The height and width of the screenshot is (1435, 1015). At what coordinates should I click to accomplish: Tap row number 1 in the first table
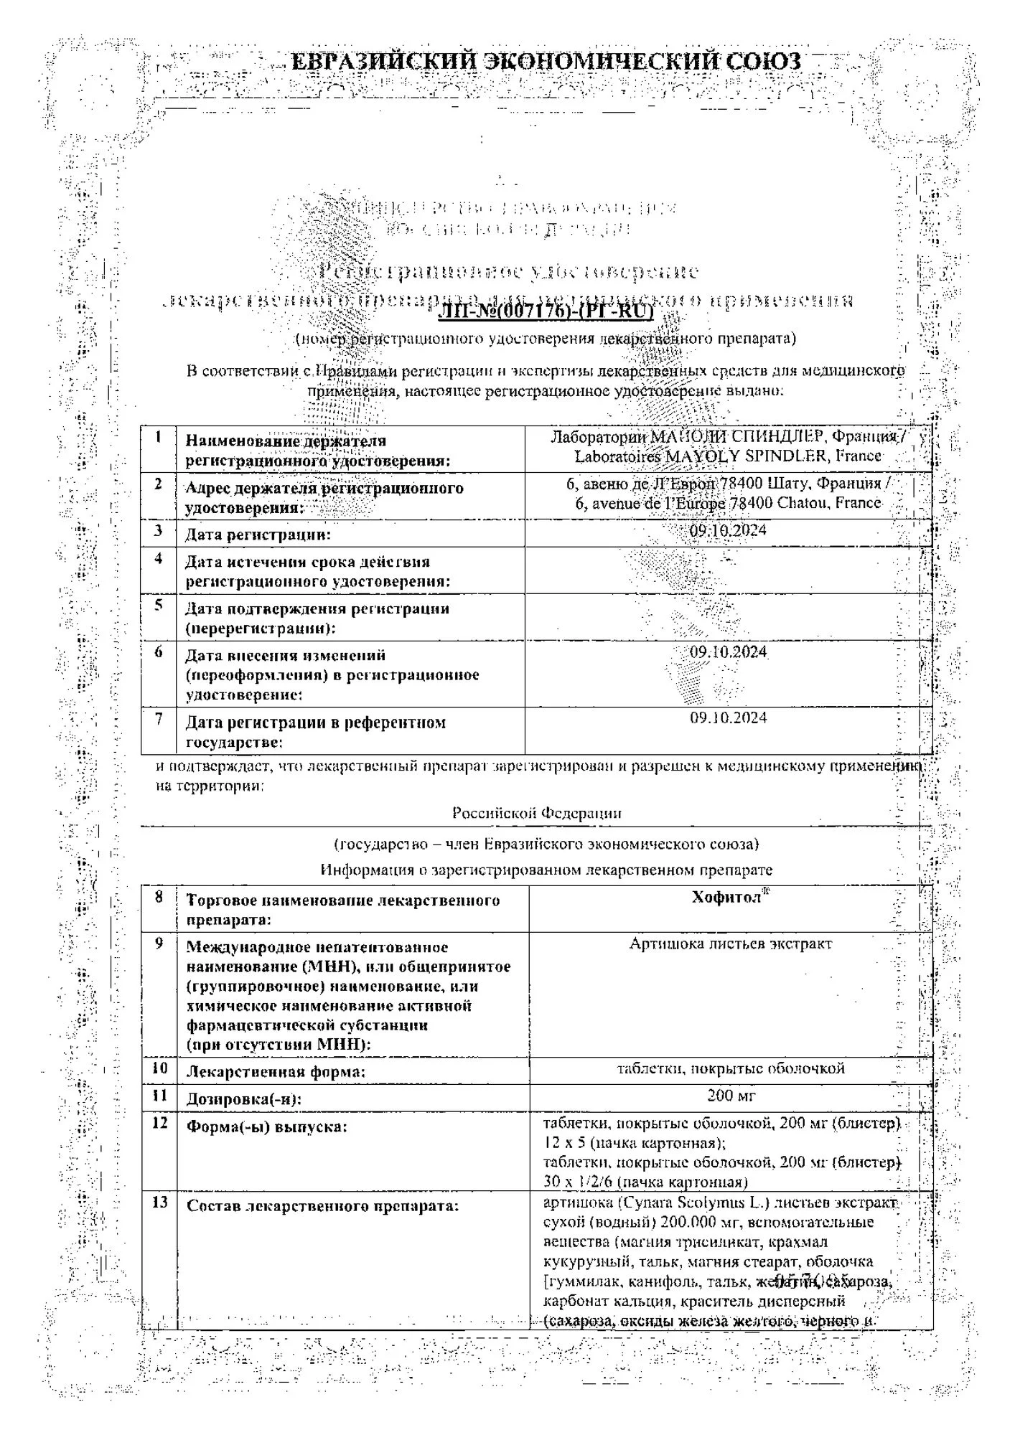(159, 437)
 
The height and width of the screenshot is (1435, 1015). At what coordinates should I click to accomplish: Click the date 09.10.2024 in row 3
(728, 530)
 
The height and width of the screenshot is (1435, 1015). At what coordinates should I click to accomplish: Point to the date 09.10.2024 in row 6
(728, 652)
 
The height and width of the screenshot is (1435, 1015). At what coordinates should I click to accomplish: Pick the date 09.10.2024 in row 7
(728, 717)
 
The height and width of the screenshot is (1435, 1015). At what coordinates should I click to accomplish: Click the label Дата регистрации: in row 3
(258, 535)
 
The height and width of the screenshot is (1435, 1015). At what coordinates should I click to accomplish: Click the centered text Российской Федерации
(537, 813)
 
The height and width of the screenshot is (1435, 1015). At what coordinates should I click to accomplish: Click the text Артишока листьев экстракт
(730, 944)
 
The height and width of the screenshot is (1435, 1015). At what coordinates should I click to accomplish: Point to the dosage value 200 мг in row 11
(731, 1096)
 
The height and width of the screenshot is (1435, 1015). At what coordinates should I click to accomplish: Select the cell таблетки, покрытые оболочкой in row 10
(731, 1068)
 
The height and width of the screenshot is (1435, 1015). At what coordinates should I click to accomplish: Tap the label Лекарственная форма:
(276, 1072)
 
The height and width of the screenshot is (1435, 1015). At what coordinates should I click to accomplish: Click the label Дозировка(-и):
(244, 1099)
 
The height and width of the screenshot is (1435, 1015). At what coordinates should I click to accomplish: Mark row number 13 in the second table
(159, 1202)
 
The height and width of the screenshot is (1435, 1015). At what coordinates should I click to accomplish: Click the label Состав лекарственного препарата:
(322, 1206)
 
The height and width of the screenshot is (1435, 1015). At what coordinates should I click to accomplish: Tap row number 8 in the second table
(159, 897)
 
